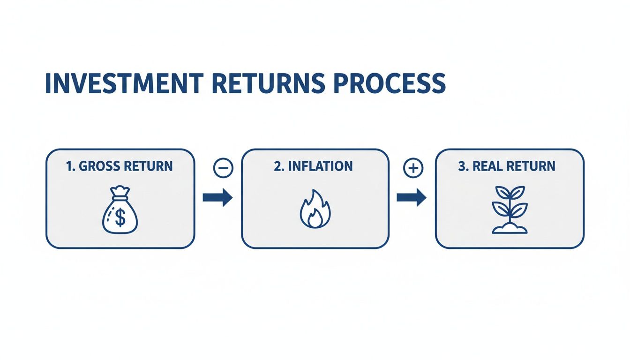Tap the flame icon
[315, 210]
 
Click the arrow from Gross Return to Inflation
[217, 198]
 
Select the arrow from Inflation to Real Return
[411, 198]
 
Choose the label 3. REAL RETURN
[507, 166]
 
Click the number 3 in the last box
[461, 166]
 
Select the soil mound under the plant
[510, 229]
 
